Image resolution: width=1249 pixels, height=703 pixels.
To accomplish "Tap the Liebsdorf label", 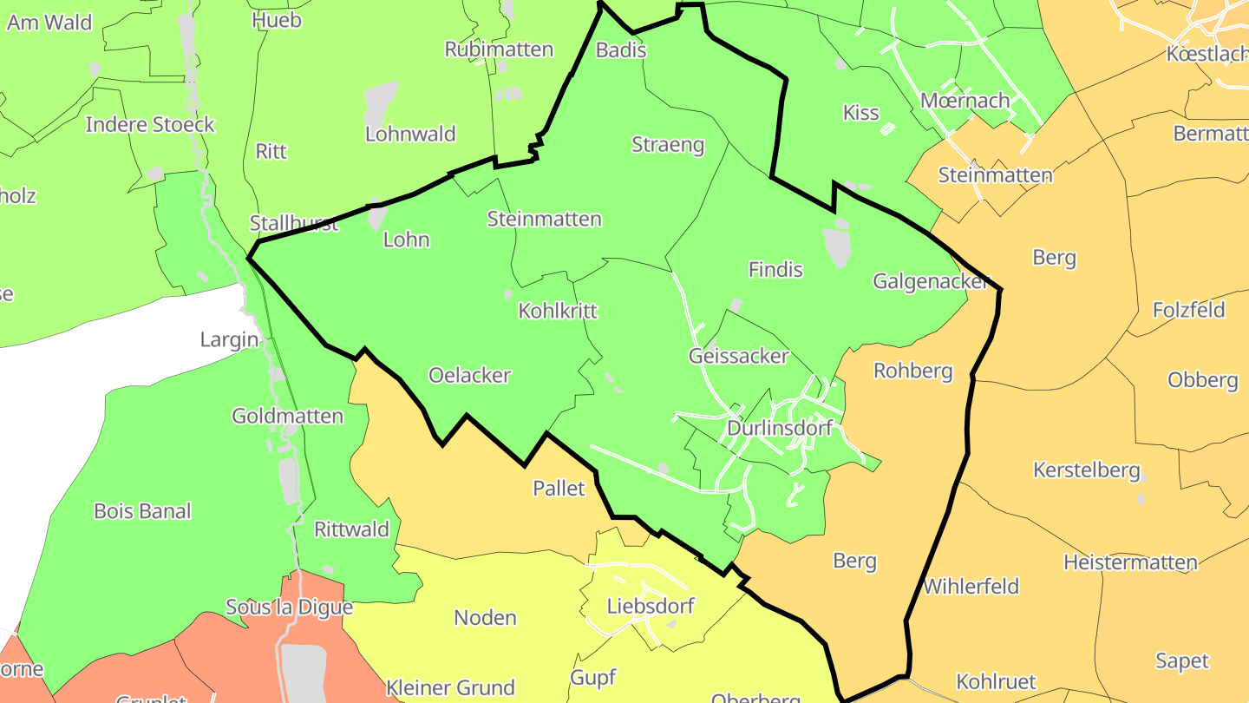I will (651, 606).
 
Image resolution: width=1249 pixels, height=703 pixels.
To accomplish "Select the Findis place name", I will (775, 270).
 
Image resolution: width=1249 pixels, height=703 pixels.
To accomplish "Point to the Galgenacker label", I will (931, 281).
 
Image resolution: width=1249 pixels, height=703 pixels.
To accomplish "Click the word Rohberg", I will (912, 371).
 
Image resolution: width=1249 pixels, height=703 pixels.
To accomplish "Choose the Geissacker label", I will (739, 356).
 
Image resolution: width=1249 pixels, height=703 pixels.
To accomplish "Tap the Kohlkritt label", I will (558, 311).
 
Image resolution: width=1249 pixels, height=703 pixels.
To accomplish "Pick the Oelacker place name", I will (469, 375).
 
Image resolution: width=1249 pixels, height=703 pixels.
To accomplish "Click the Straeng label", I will (668, 145).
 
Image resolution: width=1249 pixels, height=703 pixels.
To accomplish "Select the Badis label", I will (621, 49).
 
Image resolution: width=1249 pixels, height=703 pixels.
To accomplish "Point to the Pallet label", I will (559, 489).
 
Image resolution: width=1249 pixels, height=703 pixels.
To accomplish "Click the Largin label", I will (229, 339).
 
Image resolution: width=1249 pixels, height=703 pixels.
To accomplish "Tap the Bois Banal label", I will (142, 511).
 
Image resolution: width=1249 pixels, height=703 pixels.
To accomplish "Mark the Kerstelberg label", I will (1086, 470).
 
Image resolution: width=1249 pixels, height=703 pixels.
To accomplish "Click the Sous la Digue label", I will (289, 607).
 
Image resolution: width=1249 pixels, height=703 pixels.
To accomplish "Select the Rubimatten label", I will (499, 49).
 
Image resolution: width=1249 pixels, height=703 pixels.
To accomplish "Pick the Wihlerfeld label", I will (970, 586).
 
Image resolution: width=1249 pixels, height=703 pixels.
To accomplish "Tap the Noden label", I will (485, 618).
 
